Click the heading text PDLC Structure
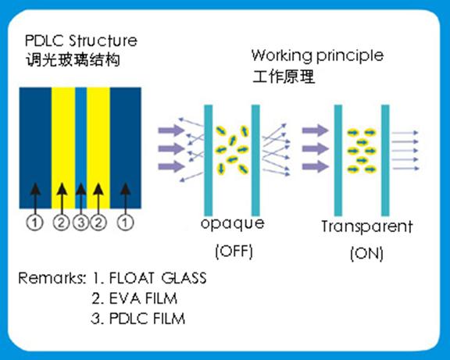click(x=81, y=41)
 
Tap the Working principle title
click(x=317, y=55)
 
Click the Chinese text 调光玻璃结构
click(x=73, y=60)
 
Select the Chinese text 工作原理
click(x=284, y=77)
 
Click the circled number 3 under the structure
click(x=81, y=223)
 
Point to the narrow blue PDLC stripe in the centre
click(x=81, y=148)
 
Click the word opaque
click(x=233, y=224)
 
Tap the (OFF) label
click(x=234, y=251)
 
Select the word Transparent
click(x=366, y=226)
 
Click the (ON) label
click(x=366, y=253)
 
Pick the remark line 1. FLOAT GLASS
click(x=149, y=278)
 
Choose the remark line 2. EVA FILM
click(x=134, y=298)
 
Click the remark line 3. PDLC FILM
click(x=138, y=319)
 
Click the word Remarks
click(x=52, y=278)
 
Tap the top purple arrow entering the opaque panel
click(x=171, y=130)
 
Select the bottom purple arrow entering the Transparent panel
click(x=316, y=166)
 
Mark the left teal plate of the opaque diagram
click(x=209, y=160)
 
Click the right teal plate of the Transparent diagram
click(x=385, y=160)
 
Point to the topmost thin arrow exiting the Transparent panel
click(x=405, y=133)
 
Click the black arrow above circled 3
click(x=81, y=198)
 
